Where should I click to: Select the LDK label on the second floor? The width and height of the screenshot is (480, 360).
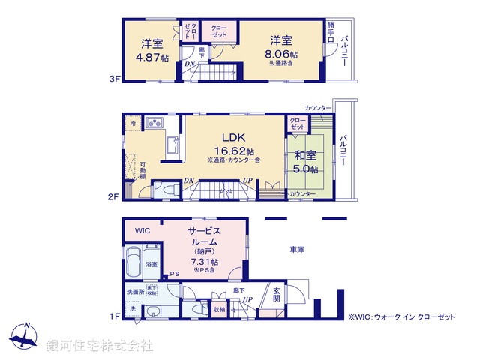234,137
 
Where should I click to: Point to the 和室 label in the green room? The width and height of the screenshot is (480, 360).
304,156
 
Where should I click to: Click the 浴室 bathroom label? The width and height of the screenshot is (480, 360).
151,264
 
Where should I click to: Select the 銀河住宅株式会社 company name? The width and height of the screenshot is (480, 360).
100,346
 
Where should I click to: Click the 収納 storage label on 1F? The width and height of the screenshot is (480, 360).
218,307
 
